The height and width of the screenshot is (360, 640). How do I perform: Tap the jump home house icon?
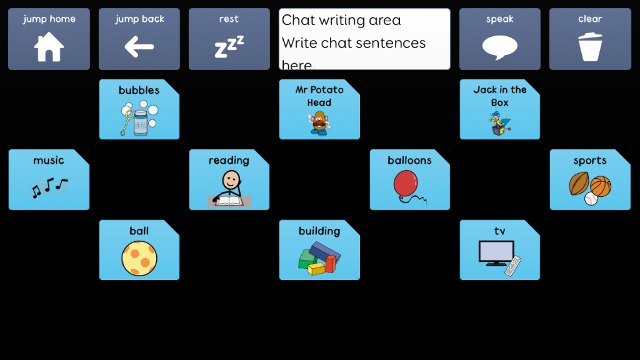(x=49, y=47)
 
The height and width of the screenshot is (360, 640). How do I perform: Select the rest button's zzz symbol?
(x=229, y=47)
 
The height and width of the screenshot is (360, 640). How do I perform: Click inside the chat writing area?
(x=364, y=39)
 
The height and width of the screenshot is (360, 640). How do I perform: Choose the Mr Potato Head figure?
(x=319, y=123)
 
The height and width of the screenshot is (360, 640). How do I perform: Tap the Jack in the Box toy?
(x=499, y=123)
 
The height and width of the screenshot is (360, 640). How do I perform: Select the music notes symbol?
(x=49, y=187)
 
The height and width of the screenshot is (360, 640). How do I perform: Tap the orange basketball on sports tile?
(x=601, y=186)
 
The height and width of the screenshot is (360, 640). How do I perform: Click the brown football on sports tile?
(x=579, y=184)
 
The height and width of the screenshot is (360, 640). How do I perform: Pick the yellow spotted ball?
(x=139, y=258)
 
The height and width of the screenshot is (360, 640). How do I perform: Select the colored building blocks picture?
(x=319, y=258)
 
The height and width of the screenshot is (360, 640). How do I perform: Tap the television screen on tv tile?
(x=496, y=251)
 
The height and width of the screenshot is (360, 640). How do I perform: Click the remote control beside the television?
(x=513, y=266)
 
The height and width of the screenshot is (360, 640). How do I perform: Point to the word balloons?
(x=409, y=161)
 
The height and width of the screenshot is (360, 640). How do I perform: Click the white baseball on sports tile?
(x=591, y=199)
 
